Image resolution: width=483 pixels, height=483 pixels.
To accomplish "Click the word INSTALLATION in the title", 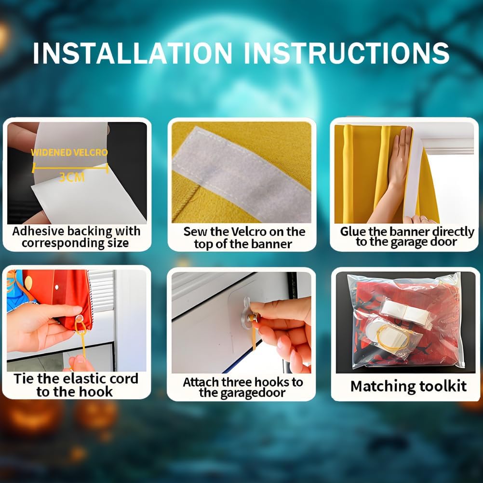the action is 133,53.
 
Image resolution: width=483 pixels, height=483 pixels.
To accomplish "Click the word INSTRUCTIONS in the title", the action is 347,53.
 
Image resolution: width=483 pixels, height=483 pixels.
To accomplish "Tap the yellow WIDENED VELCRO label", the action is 69,152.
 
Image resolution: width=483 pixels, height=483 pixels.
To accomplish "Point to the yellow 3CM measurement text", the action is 72,177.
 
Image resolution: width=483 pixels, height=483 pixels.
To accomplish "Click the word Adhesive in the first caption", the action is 39,231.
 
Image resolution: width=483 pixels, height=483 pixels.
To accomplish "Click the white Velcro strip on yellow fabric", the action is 242,174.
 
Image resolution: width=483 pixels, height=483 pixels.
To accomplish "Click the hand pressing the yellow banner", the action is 397,173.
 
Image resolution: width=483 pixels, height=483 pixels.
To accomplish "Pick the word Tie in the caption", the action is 23,378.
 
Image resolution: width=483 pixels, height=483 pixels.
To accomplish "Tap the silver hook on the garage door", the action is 247,313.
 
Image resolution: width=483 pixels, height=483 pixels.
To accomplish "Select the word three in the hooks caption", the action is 238,382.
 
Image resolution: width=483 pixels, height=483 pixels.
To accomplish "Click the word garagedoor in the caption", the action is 242,393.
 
